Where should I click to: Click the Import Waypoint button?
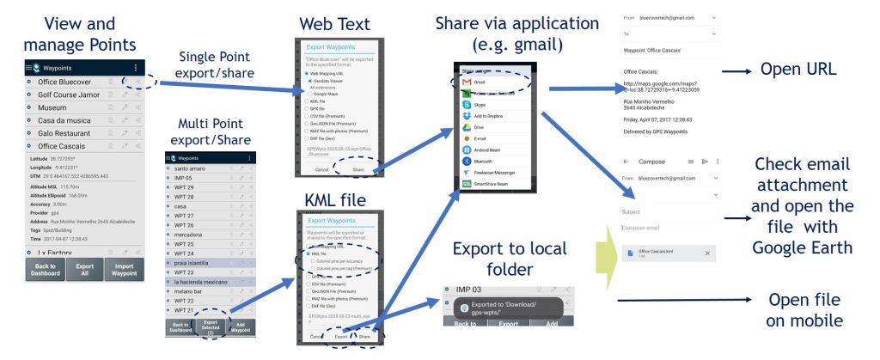[x=125, y=269]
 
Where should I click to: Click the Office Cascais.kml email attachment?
[x=662, y=253]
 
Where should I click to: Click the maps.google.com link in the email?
[x=670, y=88]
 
